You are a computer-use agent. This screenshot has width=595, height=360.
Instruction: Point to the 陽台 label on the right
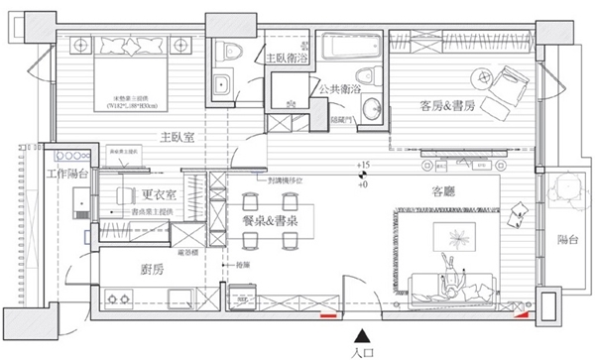(567, 239)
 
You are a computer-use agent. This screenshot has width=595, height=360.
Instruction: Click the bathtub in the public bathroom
(343, 45)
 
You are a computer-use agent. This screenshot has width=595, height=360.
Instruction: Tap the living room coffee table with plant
(456, 239)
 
